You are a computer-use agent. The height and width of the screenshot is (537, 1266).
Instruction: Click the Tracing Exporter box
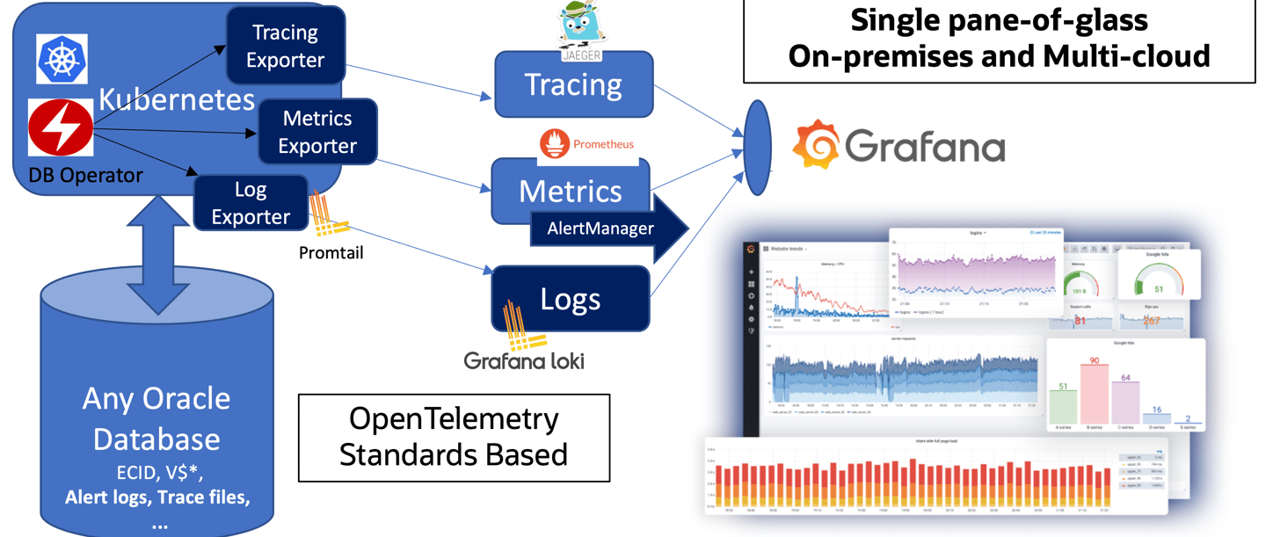coord(285,47)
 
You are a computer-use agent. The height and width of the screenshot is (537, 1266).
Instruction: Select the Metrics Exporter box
coord(317,132)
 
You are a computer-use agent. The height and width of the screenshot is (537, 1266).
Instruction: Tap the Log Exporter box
coord(251,203)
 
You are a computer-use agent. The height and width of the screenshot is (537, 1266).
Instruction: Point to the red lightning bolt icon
coord(61,128)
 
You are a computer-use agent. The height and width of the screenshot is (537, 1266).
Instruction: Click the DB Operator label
coord(85,176)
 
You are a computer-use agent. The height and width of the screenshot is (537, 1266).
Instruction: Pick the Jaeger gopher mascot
coord(580,25)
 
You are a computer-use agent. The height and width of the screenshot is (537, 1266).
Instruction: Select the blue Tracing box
coord(573,84)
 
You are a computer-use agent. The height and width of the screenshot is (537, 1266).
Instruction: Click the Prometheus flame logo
coord(556,144)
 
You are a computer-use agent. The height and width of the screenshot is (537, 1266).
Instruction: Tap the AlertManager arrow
coord(607,229)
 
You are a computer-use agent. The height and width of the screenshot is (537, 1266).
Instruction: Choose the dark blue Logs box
coord(571,299)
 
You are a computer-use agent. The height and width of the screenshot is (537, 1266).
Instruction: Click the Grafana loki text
coord(524,360)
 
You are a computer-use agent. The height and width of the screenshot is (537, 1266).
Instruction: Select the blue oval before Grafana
coord(757,148)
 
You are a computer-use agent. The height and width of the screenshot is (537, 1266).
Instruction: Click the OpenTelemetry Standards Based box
coord(454,438)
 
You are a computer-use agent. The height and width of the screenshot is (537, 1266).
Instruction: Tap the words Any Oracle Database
coord(156,417)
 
